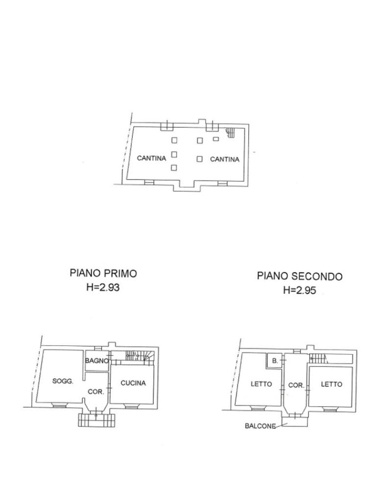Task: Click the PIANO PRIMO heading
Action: (x=103, y=273)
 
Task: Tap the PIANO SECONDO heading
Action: (x=300, y=276)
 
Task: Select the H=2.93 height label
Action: (x=103, y=287)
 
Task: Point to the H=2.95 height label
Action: (x=300, y=290)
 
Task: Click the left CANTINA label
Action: (x=152, y=158)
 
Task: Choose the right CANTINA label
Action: (x=224, y=159)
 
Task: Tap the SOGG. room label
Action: (x=63, y=381)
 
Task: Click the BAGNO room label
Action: (x=97, y=361)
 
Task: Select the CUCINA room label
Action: (x=133, y=383)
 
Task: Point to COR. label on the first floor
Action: (x=96, y=391)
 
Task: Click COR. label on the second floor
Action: (x=296, y=386)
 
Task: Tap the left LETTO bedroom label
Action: (x=261, y=384)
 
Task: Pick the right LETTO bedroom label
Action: (x=331, y=384)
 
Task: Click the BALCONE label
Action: (x=260, y=426)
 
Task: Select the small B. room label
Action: (x=275, y=361)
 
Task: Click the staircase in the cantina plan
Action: (x=230, y=133)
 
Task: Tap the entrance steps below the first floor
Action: (x=96, y=420)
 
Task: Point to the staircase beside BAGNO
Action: (x=140, y=356)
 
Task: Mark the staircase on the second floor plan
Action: (x=318, y=359)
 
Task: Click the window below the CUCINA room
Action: (x=130, y=406)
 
